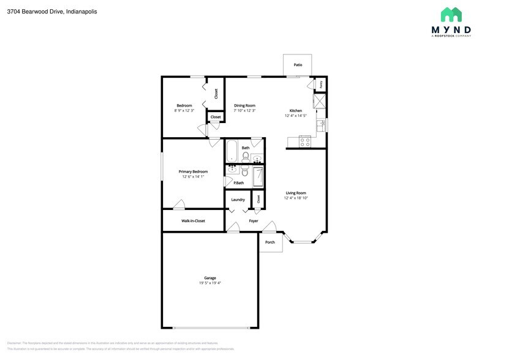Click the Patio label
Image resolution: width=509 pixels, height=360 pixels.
(x=298, y=64)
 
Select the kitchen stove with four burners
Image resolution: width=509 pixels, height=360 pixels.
(x=304, y=141)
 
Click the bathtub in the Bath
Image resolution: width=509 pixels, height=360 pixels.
(x=231, y=150)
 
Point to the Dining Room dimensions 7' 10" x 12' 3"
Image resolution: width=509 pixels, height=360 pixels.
(x=244, y=111)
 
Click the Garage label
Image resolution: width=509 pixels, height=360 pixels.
(x=209, y=278)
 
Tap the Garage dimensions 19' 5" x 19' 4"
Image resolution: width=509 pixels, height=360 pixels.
(x=209, y=283)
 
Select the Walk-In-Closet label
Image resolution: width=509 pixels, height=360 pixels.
(x=193, y=220)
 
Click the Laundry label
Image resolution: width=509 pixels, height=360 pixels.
(x=238, y=200)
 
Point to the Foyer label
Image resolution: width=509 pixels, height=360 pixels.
(x=253, y=220)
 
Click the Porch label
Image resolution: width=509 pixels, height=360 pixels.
(x=270, y=242)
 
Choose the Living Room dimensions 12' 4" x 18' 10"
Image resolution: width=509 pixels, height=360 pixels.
(x=296, y=198)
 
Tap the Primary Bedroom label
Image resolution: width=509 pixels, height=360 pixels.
(x=193, y=171)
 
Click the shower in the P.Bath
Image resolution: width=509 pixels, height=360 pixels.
(x=258, y=176)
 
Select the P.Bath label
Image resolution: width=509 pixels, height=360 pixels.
(x=239, y=182)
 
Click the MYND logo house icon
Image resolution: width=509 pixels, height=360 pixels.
(x=451, y=15)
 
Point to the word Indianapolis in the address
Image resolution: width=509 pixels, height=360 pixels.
(x=81, y=12)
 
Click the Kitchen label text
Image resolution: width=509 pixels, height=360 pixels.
(x=296, y=111)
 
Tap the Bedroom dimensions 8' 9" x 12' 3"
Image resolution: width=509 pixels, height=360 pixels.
(x=184, y=111)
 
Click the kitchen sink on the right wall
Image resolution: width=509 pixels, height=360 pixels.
(x=320, y=125)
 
